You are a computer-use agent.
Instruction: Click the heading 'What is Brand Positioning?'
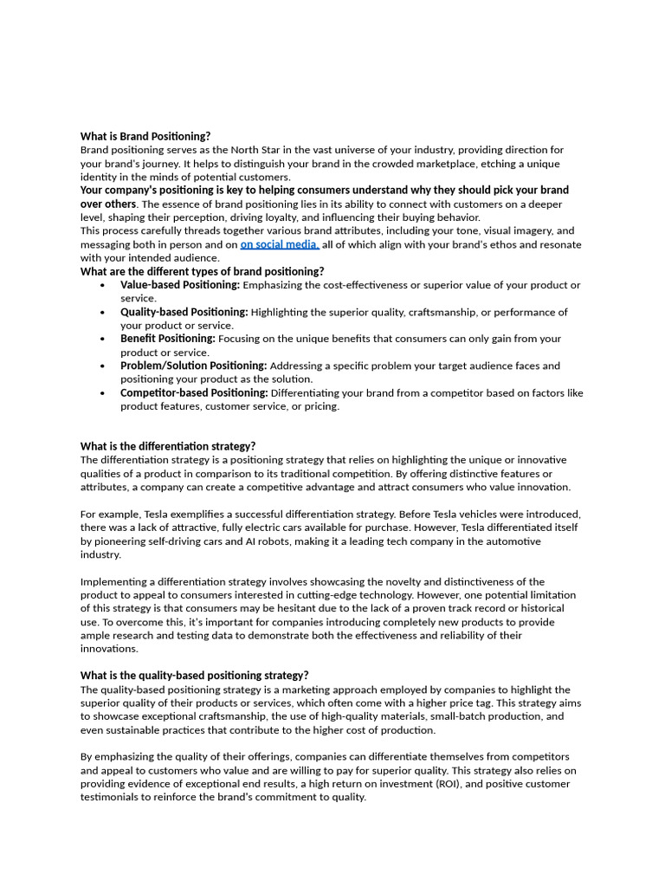[x=145, y=136]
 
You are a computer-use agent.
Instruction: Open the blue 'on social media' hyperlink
[x=279, y=244]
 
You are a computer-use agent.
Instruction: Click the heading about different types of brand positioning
[x=202, y=271]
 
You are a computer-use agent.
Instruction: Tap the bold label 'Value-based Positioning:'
[x=180, y=285]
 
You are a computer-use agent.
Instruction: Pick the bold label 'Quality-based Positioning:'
[x=184, y=312]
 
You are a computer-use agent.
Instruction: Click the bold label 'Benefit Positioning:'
[x=168, y=339]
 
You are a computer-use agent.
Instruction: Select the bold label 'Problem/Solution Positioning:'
[x=194, y=366]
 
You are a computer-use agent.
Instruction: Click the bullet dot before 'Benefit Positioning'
[x=103, y=339]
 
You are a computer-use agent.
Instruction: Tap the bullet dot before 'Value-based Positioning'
[x=103, y=285]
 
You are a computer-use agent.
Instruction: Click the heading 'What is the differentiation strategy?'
[x=168, y=446]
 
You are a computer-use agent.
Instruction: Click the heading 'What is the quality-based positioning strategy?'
[x=194, y=676]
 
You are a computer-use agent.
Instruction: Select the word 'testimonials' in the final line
[x=111, y=797]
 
